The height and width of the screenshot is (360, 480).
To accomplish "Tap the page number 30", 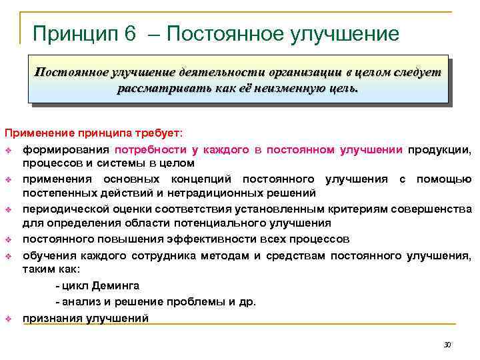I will tap(447, 345).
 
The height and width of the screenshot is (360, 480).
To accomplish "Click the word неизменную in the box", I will tap(267, 88).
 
